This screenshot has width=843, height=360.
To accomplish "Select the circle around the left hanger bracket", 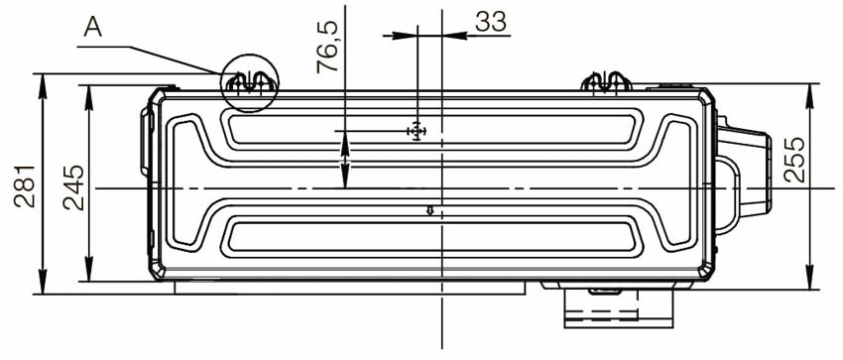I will click(250, 80).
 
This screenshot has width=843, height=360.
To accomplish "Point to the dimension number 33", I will click(490, 22).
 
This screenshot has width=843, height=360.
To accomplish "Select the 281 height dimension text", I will click(26, 185).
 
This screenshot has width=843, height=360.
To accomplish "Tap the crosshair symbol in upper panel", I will click(416, 131).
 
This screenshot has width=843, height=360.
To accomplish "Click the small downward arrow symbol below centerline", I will click(429, 209).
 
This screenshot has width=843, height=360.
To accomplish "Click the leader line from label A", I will click(164, 52).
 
